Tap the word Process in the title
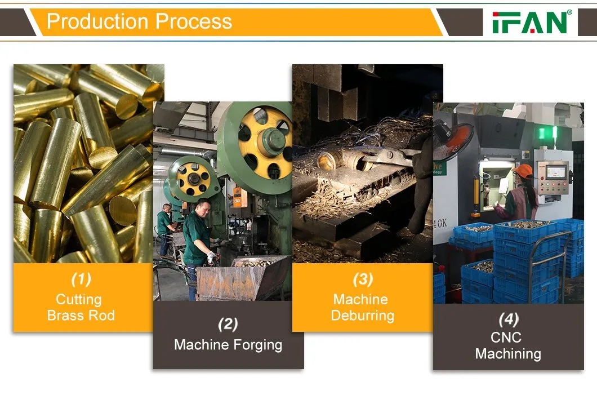[x=194, y=21]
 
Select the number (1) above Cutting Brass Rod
[x=81, y=279]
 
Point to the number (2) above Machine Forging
[x=228, y=325]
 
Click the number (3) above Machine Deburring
[x=363, y=279]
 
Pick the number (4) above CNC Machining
[x=509, y=319]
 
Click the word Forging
[x=257, y=345]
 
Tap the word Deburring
[x=363, y=316]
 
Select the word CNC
[x=506, y=338]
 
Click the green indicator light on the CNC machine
[x=541, y=134]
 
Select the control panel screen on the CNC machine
[x=555, y=172]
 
